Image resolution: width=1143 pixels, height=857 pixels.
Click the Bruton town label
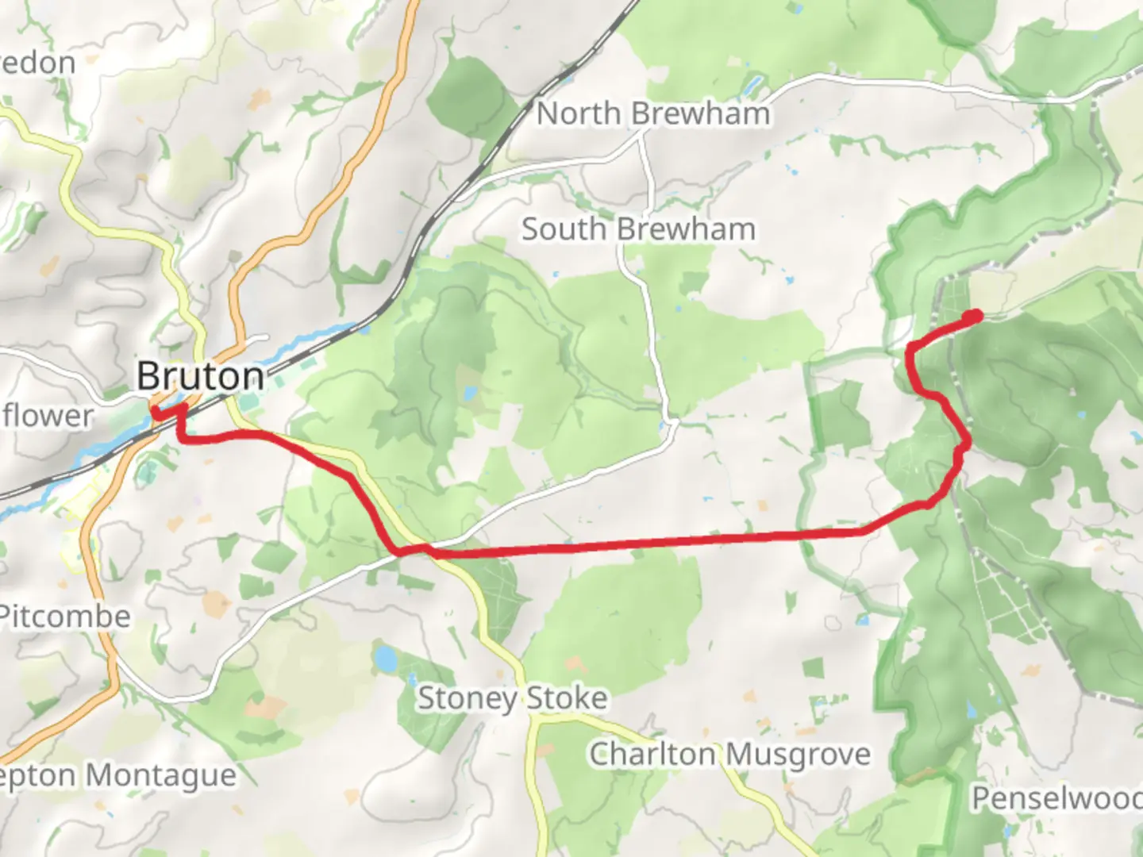click(x=200, y=376)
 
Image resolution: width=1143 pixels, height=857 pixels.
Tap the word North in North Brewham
click(x=578, y=113)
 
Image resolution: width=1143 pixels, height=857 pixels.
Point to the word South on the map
click(x=564, y=229)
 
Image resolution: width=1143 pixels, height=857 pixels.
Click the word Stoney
click(x=467, y=699)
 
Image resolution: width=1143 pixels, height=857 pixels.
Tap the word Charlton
click(x=651, y=754)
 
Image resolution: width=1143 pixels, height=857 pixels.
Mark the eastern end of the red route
click(x=974, y=317)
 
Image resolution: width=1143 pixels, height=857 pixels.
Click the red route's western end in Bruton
click(x=156, y=411)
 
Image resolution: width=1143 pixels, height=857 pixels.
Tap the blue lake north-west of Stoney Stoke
click(x=385, y=658)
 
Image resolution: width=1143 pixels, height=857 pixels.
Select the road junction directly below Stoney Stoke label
click(x=537, y=721)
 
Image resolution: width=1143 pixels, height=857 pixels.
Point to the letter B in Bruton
click(x=148, y=376)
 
